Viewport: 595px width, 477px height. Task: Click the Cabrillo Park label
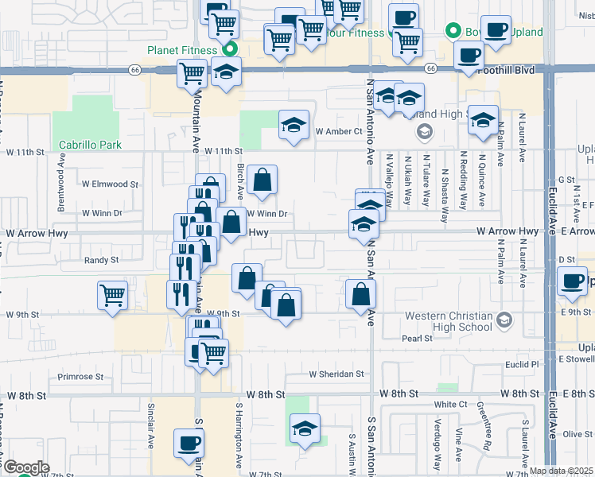click(x=90, y=145)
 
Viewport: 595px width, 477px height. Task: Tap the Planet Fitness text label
click(x=182, y=50)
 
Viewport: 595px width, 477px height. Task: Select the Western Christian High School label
click(x=449, y=321)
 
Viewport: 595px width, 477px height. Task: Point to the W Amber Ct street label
click(x=339, y=131)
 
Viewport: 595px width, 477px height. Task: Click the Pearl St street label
click(x=416, y=338)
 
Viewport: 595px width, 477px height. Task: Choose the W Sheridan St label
click(x=336, y=374)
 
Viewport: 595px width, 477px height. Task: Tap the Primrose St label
click(x=81, y=377)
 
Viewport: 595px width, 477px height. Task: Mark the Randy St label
click(x=101, y=260)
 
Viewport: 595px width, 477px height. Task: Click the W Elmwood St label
click(x=110, y=184)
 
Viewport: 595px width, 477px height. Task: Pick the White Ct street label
click(x=450, y=405)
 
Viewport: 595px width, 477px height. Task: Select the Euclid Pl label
click(x=522, y=363)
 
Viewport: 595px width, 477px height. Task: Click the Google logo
click(x=25, y=467)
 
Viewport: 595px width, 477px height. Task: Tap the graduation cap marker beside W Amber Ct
click(x=294, y=125)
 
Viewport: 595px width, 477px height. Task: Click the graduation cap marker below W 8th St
click(x=305, y=429)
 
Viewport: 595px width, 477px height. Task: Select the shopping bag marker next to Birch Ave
click(x=262, y=181)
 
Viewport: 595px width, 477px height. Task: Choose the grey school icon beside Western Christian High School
click(x=502, y=320)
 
